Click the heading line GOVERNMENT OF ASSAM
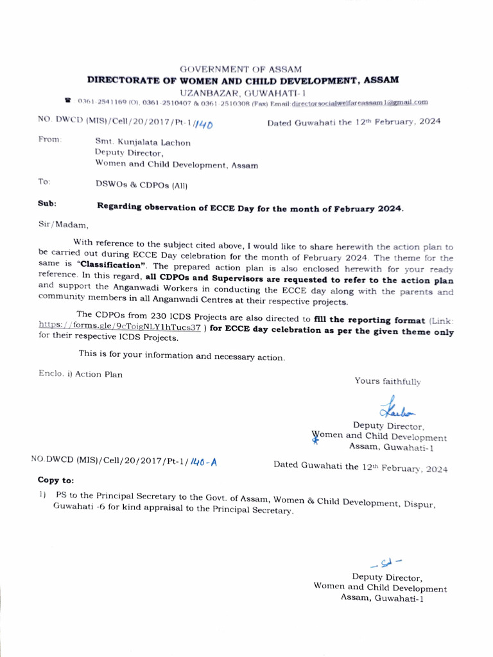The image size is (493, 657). (241, 69)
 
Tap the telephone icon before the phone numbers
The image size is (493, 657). (67, 101)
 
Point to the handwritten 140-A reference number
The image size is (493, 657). (203, 461)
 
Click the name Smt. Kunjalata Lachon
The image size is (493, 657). (143, 142)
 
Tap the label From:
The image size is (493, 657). (50, 139)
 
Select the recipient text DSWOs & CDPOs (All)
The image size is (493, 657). (141, 185)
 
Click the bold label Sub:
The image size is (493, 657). (48, 203)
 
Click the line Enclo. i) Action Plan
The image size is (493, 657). (80, 374)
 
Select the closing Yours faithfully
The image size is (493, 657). (388, 381)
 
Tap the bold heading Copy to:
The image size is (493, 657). (56, 479)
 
